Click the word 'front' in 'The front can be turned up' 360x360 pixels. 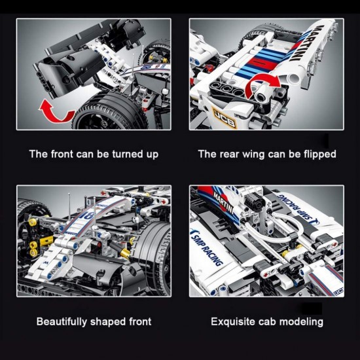pos(65,154)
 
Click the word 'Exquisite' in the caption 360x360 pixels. pos(233,321)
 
